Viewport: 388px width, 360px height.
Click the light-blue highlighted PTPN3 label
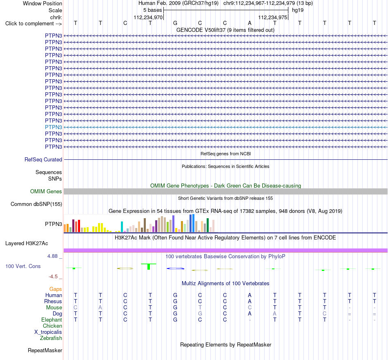point(54,127)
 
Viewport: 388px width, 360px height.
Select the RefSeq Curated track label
point(43,160)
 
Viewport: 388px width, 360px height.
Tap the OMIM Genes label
point(46,191)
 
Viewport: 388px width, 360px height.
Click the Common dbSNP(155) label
point(36,204)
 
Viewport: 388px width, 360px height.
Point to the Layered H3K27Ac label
point(27,244)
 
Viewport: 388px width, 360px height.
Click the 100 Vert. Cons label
point(23,266)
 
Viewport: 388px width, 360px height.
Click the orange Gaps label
point(56,289)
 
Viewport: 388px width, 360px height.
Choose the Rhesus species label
point(53,301)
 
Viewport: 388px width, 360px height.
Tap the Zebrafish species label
point(51,338)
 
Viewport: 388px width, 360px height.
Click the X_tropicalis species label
point(48,332)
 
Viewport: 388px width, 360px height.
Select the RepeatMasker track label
point(45,351)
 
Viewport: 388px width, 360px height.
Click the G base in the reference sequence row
point(175,23)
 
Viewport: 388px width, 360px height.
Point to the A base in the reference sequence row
point(250,23)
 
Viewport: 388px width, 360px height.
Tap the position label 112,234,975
point(273,17)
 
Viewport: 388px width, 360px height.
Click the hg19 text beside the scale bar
point(298,10)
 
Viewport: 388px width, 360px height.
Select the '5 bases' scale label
point(152,10)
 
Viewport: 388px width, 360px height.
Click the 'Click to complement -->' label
point(33,24)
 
